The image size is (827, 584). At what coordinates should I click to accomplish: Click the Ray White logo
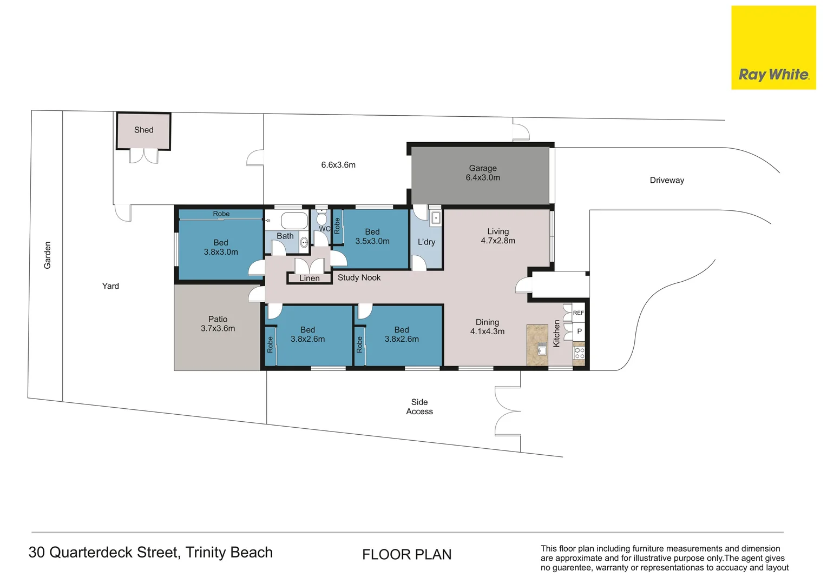(773, 48)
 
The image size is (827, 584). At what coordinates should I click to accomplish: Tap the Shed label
(143, 130)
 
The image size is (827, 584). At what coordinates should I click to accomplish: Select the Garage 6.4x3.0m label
(483, 172)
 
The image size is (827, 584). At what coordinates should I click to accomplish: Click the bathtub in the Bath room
(294, 221)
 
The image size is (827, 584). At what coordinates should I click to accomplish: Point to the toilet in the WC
(322, 218)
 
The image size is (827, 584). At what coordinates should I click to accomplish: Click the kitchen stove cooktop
(579, 353)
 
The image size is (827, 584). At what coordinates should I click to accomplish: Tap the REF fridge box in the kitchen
(579, 313)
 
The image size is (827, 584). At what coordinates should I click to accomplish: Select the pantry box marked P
(579, 331)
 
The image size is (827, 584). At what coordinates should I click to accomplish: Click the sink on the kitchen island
(542, 348)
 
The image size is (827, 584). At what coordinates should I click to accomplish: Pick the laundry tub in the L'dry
(436, 218)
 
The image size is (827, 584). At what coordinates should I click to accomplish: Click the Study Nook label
(359, 277)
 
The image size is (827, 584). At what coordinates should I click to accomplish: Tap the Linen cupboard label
(310, 278)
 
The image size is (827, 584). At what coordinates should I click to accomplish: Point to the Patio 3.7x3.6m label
(218, 323)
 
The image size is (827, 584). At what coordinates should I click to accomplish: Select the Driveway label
(667, 181)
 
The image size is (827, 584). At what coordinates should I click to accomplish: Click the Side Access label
(419, 407)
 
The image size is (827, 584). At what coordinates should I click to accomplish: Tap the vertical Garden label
(47, 255)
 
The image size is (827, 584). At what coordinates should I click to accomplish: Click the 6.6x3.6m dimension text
(338, 165)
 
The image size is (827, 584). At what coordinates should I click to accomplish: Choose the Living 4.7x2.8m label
(498, 236)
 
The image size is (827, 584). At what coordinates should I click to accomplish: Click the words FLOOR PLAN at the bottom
(407, 554)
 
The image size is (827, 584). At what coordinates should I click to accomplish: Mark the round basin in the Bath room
(304, 242)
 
